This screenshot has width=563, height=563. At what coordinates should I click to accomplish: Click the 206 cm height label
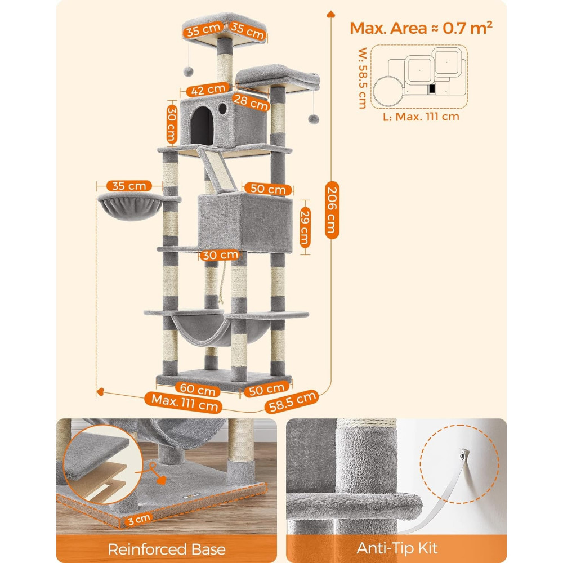332,211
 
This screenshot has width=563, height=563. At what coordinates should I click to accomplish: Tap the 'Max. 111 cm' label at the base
185,402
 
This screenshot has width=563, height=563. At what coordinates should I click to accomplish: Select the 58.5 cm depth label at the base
292,401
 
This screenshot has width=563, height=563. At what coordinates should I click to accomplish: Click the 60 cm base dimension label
198,389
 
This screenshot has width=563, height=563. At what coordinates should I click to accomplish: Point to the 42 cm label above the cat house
208,90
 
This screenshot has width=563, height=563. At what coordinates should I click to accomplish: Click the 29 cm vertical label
305,227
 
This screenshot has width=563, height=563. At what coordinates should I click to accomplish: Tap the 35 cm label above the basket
129,186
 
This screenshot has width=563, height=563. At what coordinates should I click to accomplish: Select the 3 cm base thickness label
139,519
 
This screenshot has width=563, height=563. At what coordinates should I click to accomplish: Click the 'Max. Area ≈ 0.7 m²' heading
421,28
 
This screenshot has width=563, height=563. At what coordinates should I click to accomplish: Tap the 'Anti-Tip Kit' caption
397,548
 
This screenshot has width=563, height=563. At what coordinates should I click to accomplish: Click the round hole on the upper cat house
222,109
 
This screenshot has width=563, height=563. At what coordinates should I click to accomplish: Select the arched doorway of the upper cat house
202,126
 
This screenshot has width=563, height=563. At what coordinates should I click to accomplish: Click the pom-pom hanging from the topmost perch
188,71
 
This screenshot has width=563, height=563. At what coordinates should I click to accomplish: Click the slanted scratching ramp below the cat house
217,168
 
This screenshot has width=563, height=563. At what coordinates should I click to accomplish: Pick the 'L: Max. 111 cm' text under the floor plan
421,117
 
